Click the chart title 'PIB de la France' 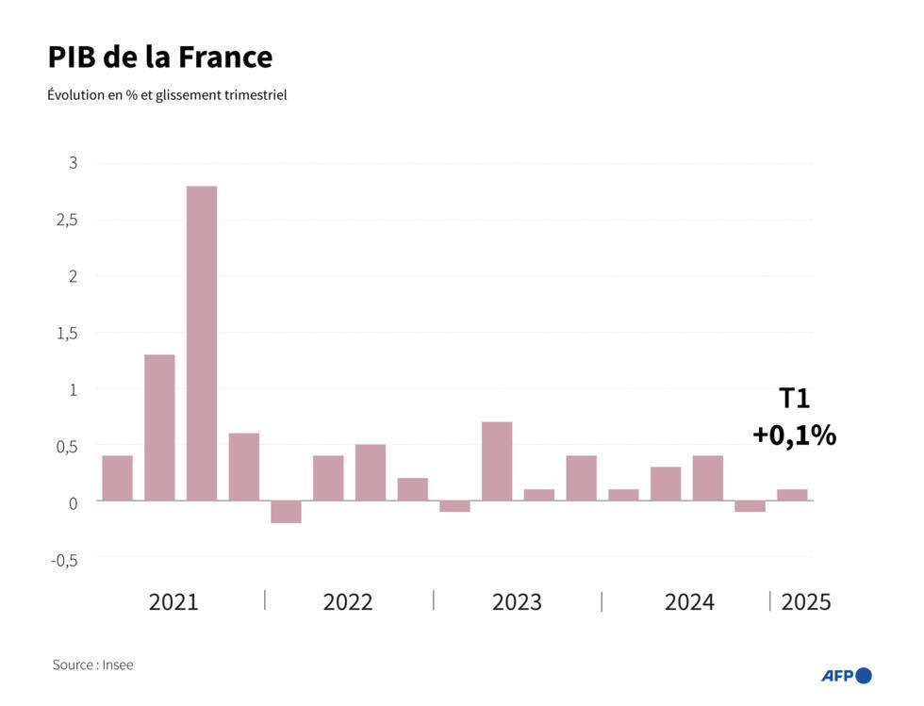tap(159, 57)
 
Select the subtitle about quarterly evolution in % tap(167, 95)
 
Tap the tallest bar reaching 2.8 tap(202, 343)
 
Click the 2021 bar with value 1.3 tap(159, 427)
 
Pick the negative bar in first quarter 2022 tap(286, 512)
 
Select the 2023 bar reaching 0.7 tap(497, 461)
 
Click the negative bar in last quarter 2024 tap(751, 506)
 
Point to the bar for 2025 tap(792, 495)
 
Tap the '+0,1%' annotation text tap(794, 435)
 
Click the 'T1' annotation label tap(794, 399)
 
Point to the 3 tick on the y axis tap(73, 163)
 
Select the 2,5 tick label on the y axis tap(66, 220)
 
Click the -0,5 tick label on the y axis tap(63, 559)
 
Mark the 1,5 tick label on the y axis tap(66, 333)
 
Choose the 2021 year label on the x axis tap(173, 602)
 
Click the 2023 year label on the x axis tap(517, 602)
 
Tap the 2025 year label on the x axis tap(806, 602)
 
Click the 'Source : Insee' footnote tap(92, 665)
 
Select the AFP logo tap(846, 675)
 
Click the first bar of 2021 tap(117, 478)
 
